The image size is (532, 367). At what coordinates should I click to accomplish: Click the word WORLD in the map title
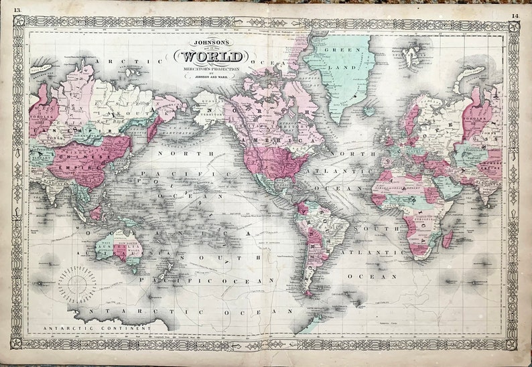coord(210,58)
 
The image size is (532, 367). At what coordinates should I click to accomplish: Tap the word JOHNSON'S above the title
coord(210,40)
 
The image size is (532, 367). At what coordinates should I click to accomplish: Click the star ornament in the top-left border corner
coord(18,21)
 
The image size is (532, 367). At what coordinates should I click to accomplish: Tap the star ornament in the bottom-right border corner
coord(513,344)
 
